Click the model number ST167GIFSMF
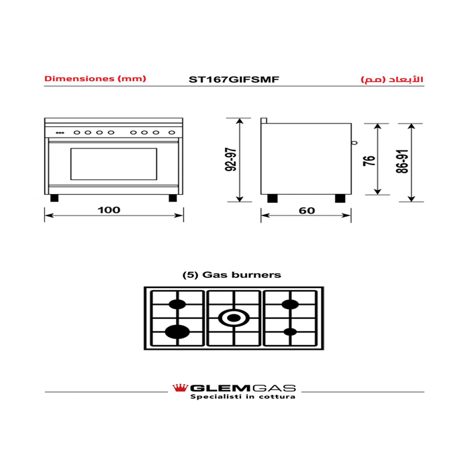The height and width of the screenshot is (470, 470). point(234,79)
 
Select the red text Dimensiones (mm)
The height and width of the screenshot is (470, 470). point(95,79)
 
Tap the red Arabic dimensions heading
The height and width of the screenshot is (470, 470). point(392,79)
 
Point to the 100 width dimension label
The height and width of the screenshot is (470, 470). point(109,209)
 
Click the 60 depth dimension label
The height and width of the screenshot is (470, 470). point(307,211)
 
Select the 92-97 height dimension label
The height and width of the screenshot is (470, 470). point(231,160)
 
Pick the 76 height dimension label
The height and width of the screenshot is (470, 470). point(369,160)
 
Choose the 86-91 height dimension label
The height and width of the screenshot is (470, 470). point(402,161)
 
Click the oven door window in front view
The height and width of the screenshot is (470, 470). point(114,164)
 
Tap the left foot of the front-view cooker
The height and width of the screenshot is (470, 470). point(54,198)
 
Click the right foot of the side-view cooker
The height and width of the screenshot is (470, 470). point(340,199)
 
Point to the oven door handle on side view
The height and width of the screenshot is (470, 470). point(355,142)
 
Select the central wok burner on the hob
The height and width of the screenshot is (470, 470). point(234,318)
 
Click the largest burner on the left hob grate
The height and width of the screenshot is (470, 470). point(177,332)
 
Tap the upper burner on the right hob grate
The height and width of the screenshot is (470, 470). point(290,304)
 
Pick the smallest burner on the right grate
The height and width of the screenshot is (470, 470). point(290,332)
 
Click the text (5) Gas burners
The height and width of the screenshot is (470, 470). point(232,275)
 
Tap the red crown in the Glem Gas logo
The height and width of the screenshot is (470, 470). point(180,388)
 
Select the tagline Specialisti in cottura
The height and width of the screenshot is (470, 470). point(243,397)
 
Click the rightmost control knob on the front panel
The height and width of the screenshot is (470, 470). point(172,132)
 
